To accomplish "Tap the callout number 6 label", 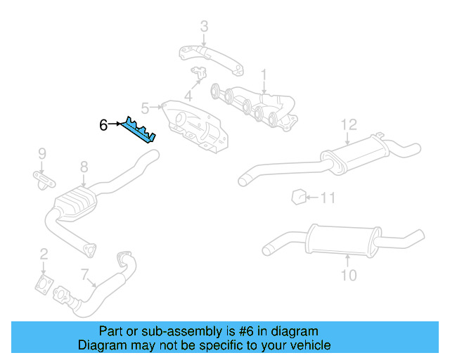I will (x=103, y=125).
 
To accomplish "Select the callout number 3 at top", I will (x=204, y=27).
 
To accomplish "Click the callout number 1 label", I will (x=264, y=73).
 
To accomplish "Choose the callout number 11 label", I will (x=328, y=198).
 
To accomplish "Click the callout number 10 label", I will (x=349, y=274).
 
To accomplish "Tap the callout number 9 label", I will (x=41, y=153).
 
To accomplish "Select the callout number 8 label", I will (x=84, y=167).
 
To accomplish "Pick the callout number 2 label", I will (x=44, y=254).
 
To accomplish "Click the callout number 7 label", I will (x=84, y=274).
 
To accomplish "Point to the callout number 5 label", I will (x=145, y=108).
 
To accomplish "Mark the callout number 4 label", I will (x=188, y=96).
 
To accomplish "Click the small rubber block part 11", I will (x=297, y=195).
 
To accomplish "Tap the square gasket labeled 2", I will (x=44, y=285).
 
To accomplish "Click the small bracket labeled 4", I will (x=199, y=73).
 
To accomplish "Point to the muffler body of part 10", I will (x=342, y=240).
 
